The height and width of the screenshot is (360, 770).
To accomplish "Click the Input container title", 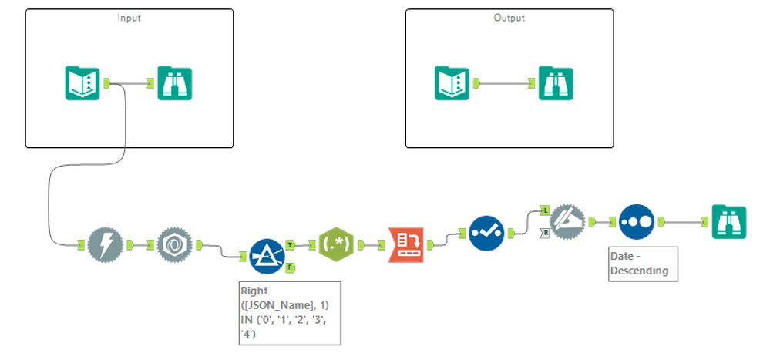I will pyautogui.click(x=129, y=17).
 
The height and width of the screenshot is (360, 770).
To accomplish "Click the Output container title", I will pyautogui.click(x=509, y=17).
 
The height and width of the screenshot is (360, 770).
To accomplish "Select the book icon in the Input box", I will pyautogui.click(x=82, y=82).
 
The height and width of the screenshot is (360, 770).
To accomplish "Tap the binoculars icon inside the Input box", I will pyautogui.click(x=175, y=82).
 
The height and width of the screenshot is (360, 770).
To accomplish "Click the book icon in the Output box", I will pyautogui.click(x=452, y=82).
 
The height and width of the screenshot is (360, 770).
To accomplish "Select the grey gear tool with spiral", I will pyautogui.click(x=175, y=245).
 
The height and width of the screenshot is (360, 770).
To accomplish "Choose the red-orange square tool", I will pyautogui.click(x=406, y=245).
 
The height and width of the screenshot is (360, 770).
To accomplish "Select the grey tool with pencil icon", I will pyautogui.click(x=567, y=221).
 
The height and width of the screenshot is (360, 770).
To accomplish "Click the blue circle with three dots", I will pyautogui.click(x=637, y=221).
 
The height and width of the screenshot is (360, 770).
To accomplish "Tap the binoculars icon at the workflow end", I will pyautogui.click(x=728, y=221).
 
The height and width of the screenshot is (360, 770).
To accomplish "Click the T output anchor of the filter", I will pyautogui.click(x=291, y=244).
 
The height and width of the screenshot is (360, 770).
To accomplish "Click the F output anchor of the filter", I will pyautogui.click(x=291, y=267).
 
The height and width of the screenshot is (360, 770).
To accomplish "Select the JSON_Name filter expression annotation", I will pyautogui.click(x=290, y=312).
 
